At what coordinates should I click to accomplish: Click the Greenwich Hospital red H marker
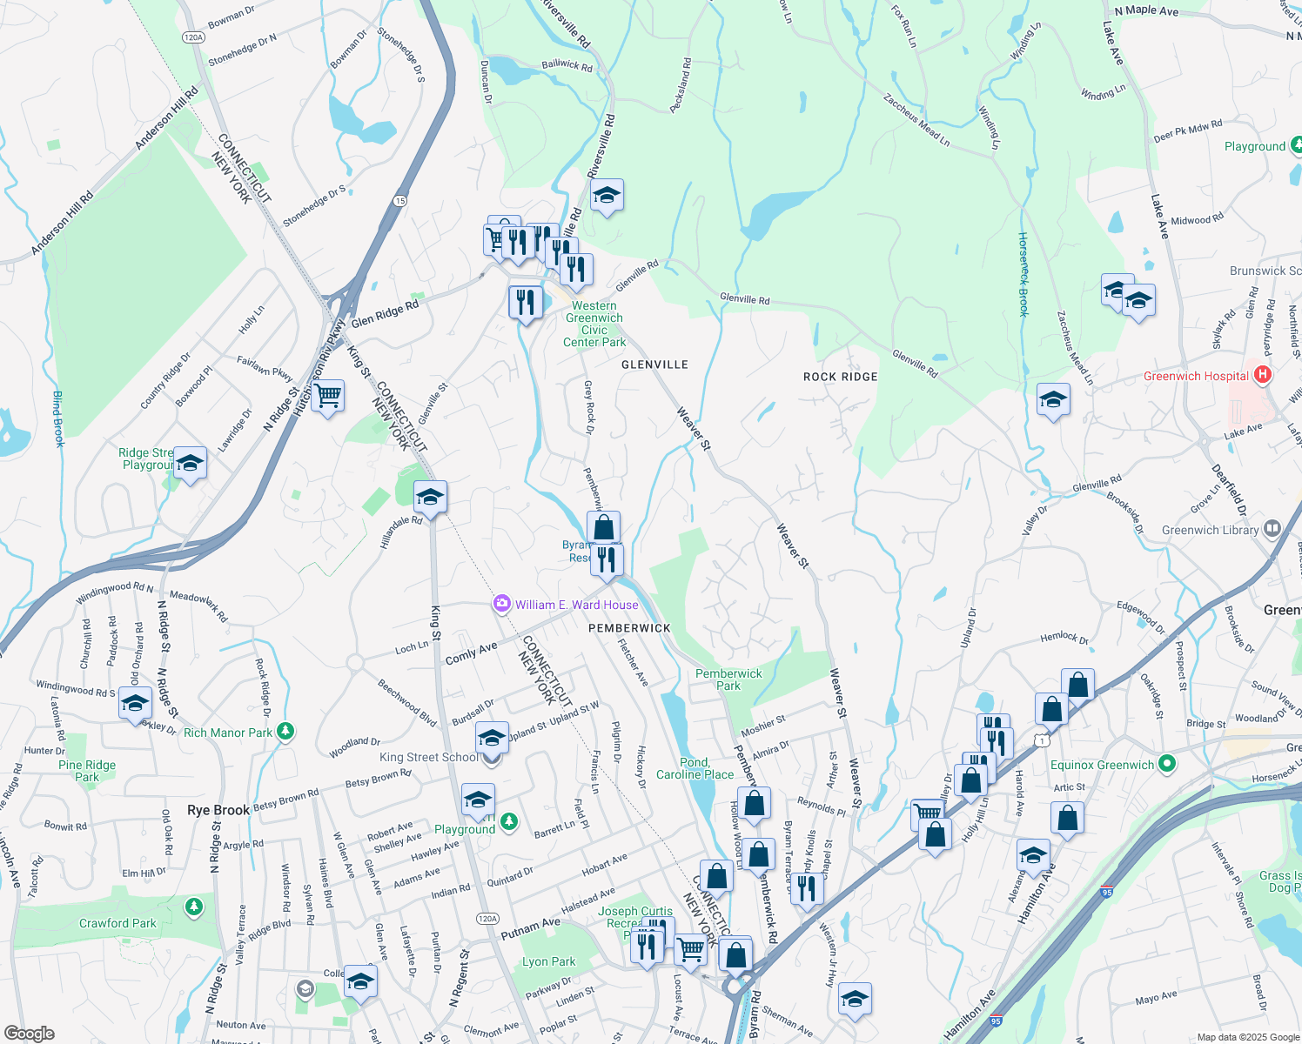click(1264, 375)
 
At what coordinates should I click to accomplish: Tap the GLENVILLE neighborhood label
click(654, 365)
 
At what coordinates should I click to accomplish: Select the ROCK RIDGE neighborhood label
click(840, 377)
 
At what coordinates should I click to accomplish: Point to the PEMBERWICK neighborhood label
click(629, 628)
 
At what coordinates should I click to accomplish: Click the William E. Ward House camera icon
click(501, 604)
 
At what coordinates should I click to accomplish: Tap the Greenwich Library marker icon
click(1272, 529)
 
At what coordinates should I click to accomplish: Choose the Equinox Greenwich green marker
click(1167, 765)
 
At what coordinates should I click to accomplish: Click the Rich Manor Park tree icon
click(285, 733)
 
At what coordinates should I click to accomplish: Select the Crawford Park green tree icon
click(193, 907)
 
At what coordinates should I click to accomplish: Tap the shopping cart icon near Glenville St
click(328, 396)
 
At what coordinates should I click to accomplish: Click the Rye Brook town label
click(218, 810)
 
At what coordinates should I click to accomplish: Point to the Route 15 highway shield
click(399, 200)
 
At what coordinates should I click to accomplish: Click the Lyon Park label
click(548, 961)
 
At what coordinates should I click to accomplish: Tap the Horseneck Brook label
click(1023, 274)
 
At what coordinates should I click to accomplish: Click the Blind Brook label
click(58, 418)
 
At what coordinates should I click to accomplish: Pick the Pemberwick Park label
click(728, 679)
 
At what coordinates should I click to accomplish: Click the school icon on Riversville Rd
click(607, 197)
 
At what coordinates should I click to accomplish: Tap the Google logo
click(29, 1033)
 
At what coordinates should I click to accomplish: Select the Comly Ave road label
click(471, 652)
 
